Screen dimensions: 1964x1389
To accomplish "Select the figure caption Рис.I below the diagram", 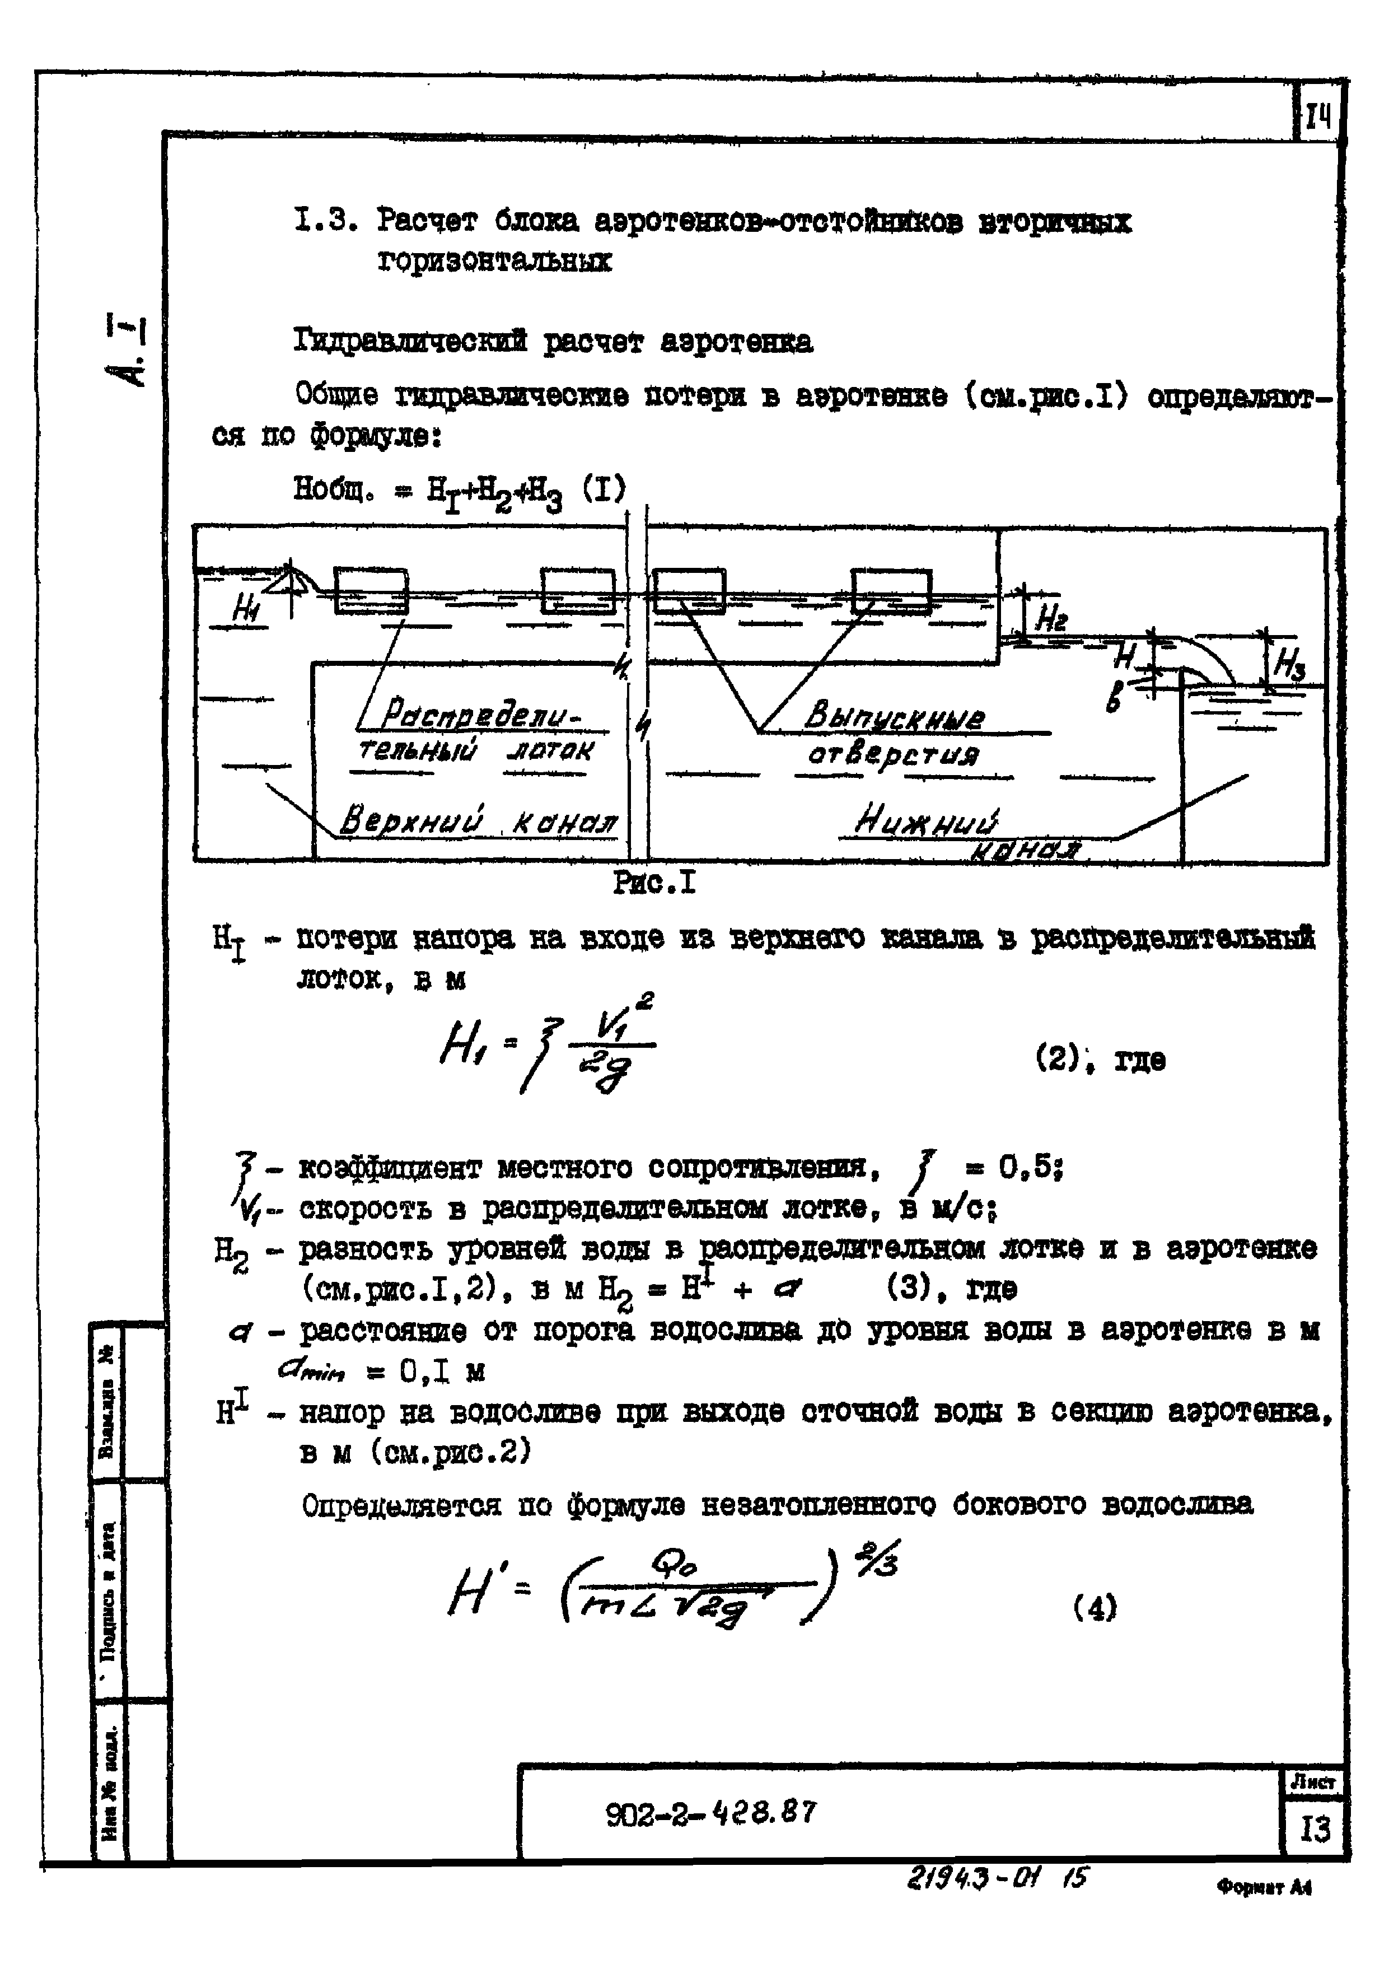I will coord(655,882).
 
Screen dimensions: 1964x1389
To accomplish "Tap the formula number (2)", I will coord(1059,1060).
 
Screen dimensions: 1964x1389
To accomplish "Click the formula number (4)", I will coord(1095,1609).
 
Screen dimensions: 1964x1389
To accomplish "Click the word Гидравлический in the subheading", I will coord(410,342).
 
